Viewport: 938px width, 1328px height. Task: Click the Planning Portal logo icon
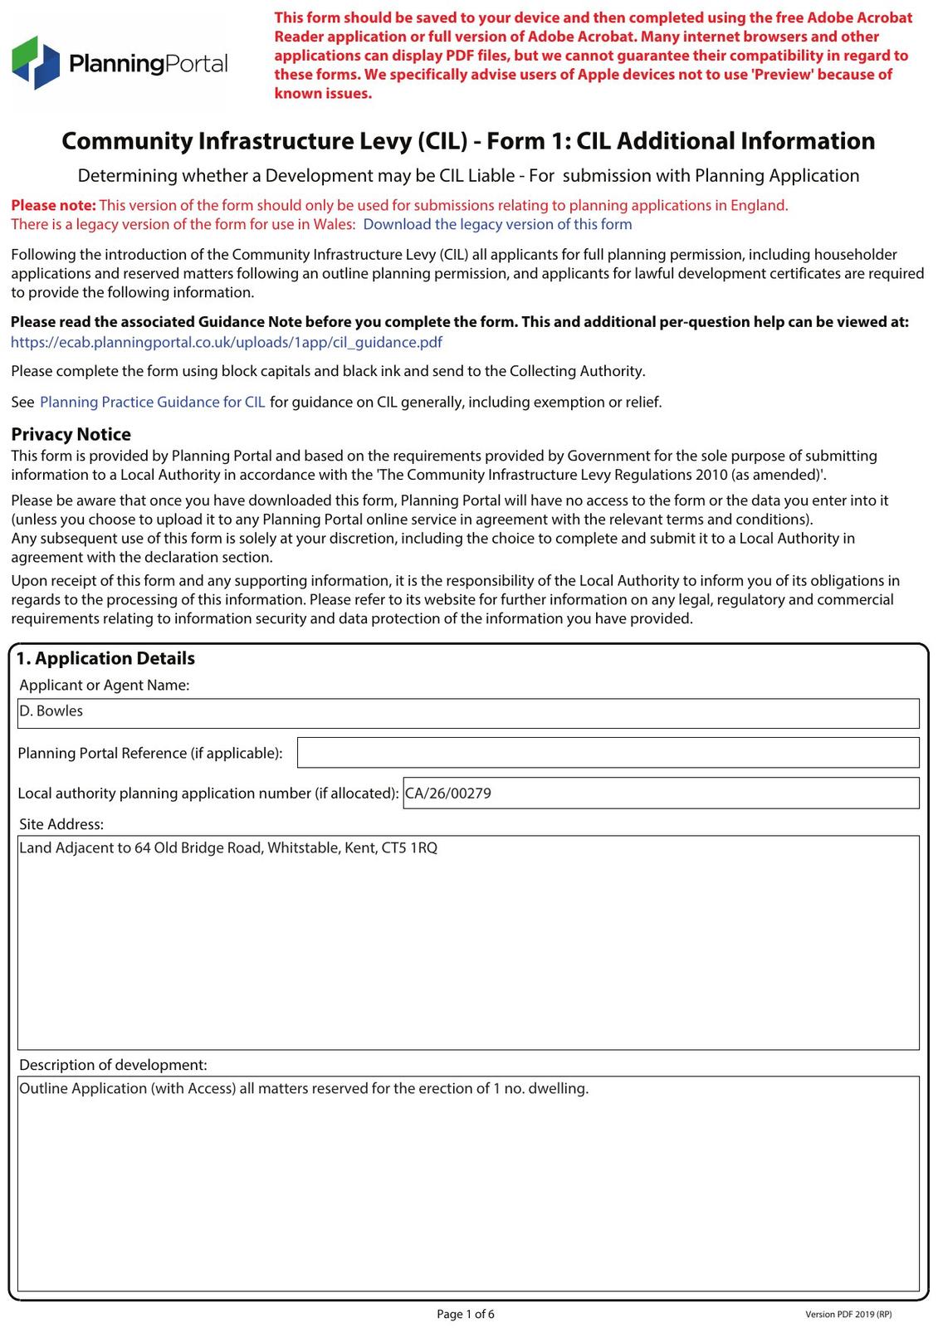[36, 62]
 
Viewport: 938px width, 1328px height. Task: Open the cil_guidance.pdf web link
[226, 342]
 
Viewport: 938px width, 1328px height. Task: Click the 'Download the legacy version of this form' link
[497, 224]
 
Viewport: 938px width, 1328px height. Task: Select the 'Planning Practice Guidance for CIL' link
[153, 402]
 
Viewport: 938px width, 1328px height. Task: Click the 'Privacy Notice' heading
[71, 434]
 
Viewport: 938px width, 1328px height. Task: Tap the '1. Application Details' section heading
[105, 658]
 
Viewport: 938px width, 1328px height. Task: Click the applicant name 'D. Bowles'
[51, 711]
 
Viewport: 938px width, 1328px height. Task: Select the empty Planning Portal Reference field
[608, 752]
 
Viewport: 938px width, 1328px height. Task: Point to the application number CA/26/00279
[448, 793]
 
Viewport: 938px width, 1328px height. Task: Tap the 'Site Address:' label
[61, 824]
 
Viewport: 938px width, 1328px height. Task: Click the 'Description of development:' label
[113, 1065]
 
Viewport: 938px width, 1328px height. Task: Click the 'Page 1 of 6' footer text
[466, 1314]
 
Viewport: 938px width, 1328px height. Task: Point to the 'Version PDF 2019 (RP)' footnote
[848, 1315]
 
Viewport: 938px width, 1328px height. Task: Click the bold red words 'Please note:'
[53, 205]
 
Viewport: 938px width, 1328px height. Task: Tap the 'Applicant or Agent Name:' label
[105, 685]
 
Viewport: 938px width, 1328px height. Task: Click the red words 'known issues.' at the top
[323, 93]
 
